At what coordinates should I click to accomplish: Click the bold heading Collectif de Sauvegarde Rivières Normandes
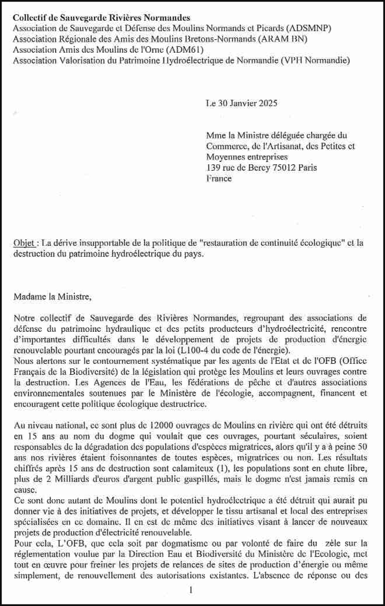(101, 18)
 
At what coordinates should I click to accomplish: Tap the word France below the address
(219, 178)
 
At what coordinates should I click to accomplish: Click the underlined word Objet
(24, 243)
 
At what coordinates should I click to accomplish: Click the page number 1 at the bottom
(191, 590)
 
